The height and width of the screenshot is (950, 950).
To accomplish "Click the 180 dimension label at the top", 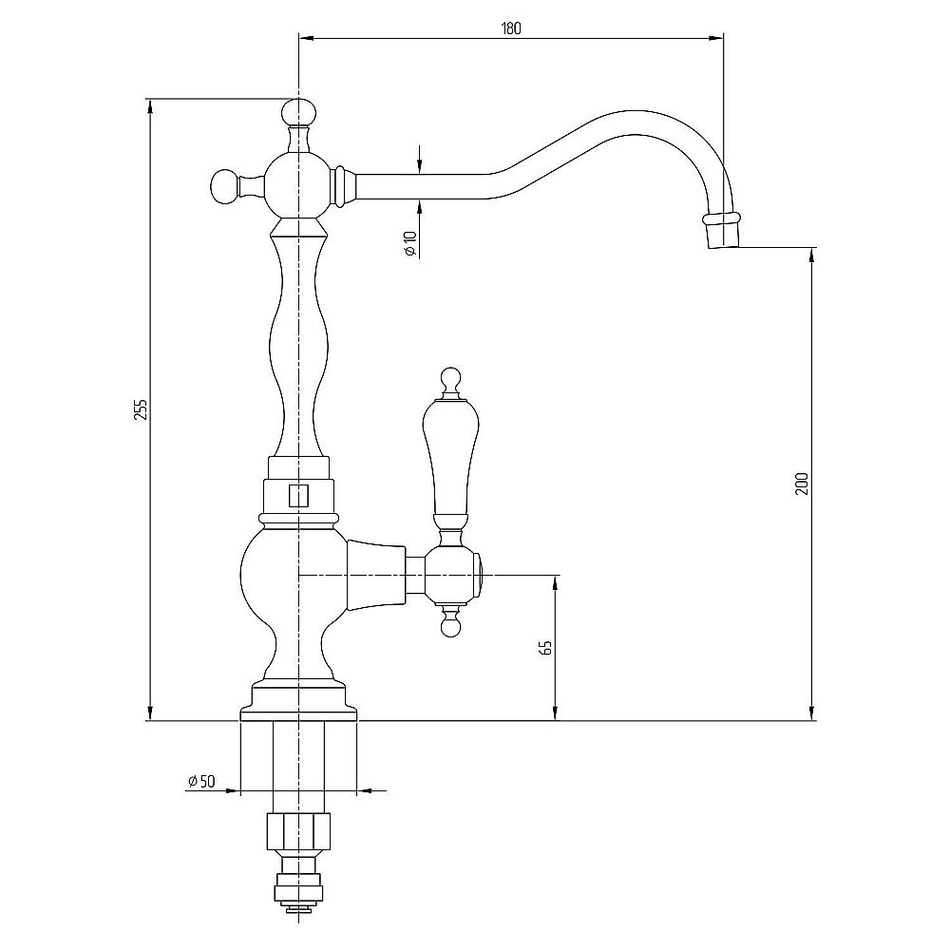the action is click(x=511, y=28).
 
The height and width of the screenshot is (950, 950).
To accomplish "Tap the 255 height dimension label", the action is click(x=141, y=409).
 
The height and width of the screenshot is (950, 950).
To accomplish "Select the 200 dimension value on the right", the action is click(x=802, y=483).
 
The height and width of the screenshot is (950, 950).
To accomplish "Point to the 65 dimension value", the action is click(x=546, y=647).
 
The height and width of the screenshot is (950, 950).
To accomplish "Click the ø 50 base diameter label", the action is click(x=201, y=782).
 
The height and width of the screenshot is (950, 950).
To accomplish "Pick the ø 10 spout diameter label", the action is click(x=410, y=243).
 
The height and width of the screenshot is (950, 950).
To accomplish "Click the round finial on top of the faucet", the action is click(x=298, y=111).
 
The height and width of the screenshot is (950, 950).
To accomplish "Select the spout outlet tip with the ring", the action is click(x=721, y=230).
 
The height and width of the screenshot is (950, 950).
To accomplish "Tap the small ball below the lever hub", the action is click(x=449, y=628).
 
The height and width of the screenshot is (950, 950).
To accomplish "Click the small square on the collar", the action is click(x=298, y=495).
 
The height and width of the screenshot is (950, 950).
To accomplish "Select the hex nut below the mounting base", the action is click(x=298, y=832).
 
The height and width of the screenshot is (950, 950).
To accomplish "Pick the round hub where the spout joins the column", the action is click(x=298, y=185).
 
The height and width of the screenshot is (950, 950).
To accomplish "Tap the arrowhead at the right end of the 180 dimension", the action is click(x=716, y=39).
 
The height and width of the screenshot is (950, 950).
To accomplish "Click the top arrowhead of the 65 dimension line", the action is click(x=555, y=582).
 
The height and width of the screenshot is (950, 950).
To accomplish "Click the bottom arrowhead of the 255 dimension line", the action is click(x=150, y=712).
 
